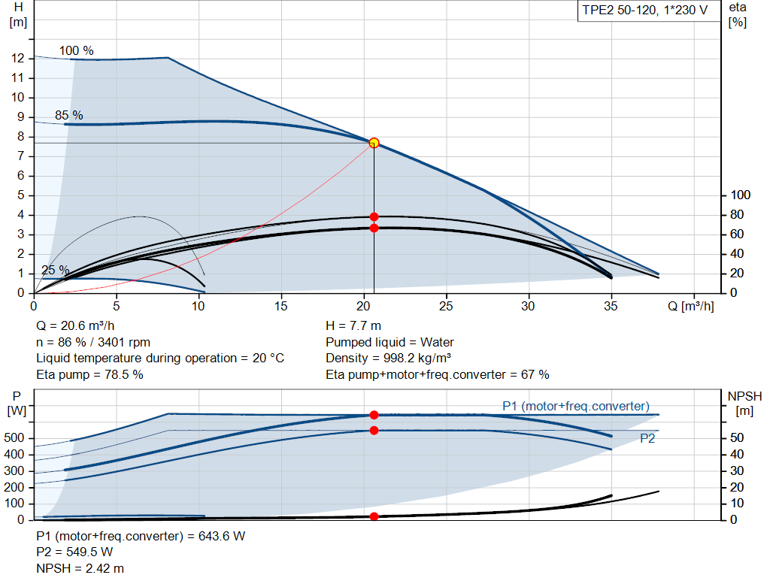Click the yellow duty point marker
(374, 143)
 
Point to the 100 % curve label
(77, 51)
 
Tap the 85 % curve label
(69, 116)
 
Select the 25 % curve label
(55, 271)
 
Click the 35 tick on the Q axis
(611, 306)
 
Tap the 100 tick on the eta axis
(741, 195)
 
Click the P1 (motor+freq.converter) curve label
(576, 407)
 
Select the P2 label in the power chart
(647, 438)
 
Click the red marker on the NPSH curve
(374, 516)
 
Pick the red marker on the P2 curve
(374, 431)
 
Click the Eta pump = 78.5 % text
(89, 374)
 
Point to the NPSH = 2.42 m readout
(80, 568)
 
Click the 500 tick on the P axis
(16, 438)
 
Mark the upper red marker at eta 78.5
(374, 216)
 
